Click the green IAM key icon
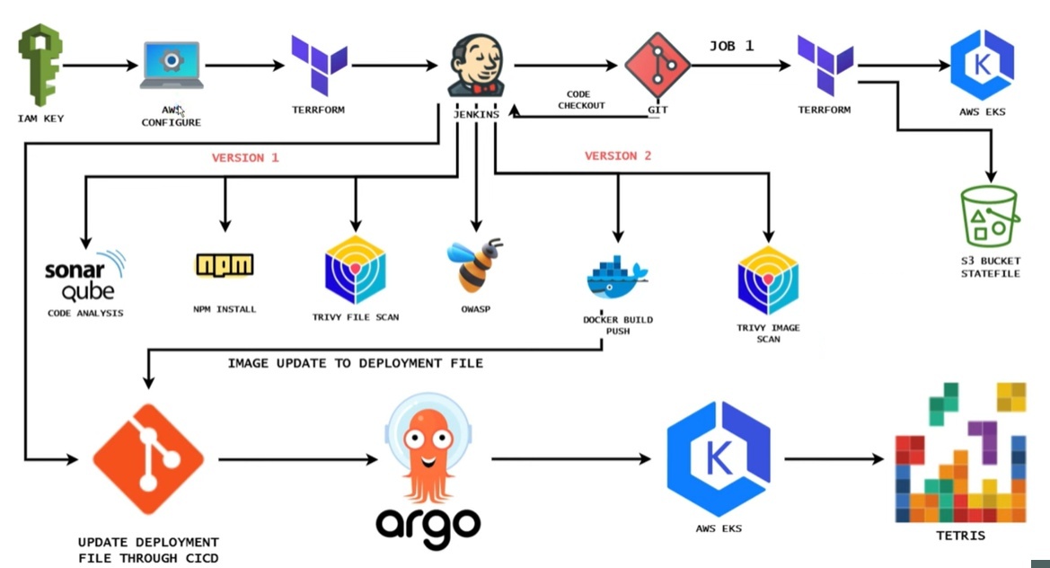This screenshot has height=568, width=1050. point(40,65)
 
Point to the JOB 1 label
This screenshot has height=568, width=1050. point(732,46)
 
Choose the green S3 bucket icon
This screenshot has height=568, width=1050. point(991,217)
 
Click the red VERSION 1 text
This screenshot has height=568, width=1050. point(245,157)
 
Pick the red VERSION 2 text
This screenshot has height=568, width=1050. point(618,155)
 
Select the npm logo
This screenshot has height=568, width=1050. point(225,265)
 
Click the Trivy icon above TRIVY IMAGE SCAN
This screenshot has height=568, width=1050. point(768,280)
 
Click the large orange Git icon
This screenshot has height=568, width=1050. point(149,458)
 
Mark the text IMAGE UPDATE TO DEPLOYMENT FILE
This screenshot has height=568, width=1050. point(356,363)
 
